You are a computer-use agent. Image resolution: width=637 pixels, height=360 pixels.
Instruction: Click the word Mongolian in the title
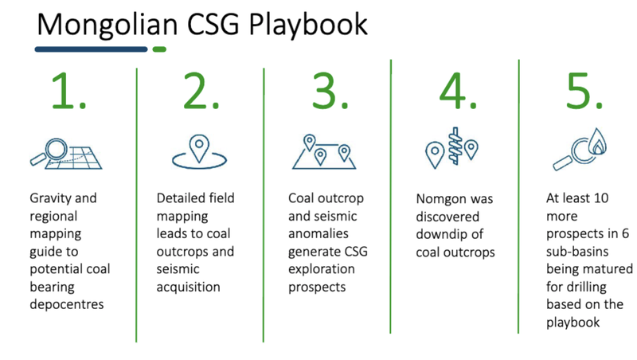[107, 25]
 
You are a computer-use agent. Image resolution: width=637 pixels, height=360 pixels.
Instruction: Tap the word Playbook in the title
[308, 25]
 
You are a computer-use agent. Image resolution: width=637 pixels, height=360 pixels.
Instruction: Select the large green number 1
[68, 91]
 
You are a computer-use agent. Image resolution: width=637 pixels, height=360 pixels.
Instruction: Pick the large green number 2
[201, 91]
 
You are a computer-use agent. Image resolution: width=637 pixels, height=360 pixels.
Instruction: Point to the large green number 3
[330, 91]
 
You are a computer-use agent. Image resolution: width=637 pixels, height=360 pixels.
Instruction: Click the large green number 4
[458, 91]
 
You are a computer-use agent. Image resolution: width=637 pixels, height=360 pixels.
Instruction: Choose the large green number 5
[584, 91]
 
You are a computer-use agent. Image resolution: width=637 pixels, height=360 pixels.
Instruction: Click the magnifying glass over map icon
[66, 154]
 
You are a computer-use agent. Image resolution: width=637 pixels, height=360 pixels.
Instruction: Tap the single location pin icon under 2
[199, 151]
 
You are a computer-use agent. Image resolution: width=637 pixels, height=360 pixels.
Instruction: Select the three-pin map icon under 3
[324, 151]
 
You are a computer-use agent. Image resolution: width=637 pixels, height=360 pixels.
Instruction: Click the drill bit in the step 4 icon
[455, 146]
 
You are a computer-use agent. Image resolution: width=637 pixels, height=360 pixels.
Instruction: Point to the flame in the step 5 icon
[598, 142]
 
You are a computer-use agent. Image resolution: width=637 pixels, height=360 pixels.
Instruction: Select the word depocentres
[67, 304]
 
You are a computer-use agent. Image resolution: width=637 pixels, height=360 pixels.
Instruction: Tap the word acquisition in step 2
[188, 287]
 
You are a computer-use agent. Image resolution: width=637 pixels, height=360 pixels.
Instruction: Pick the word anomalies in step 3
[318, 233]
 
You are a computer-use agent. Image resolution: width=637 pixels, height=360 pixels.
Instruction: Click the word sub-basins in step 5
[576, 252]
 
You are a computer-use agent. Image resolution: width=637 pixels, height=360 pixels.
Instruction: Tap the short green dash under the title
[159, 49]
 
